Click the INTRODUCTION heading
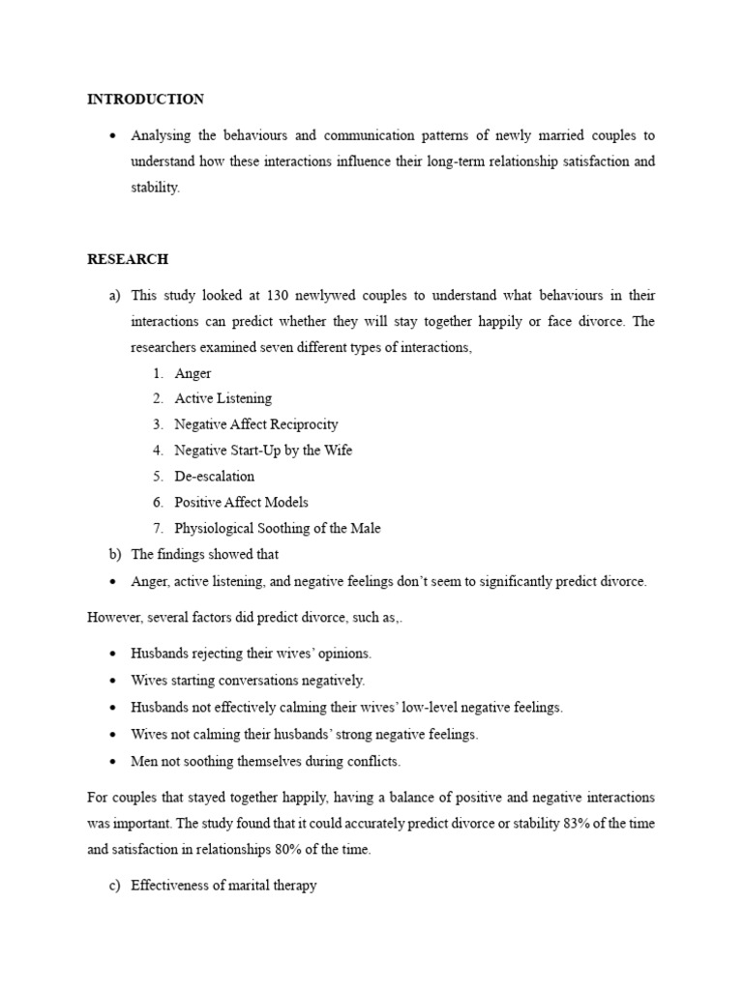[145, 100]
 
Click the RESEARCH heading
[128, 259]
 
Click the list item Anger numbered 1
[193, 373]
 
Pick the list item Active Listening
[223, 398]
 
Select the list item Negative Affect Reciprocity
[256, 424]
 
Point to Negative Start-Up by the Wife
[263, 451]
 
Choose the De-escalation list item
[214, 477]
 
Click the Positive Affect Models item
[241, 503]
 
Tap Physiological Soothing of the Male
[277, 529]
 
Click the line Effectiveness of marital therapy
[223, 886]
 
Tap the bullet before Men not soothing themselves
[113, 762]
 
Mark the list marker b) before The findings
[116, 555]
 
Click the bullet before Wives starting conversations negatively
[113, 681]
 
